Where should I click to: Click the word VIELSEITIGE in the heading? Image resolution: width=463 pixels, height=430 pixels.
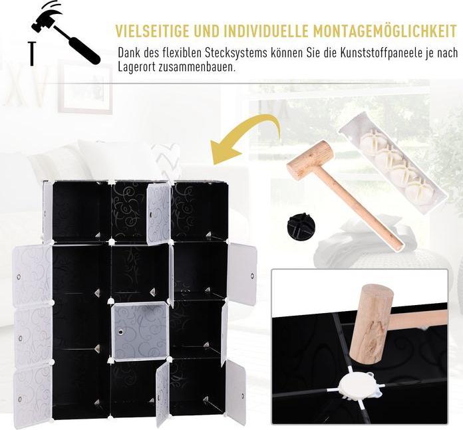pos(154,31)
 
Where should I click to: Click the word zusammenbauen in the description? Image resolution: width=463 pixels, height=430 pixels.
pos(198,67)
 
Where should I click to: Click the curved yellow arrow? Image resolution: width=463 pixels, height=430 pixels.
pos(246,136)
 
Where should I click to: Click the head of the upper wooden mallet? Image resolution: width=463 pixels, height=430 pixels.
pos(309,160)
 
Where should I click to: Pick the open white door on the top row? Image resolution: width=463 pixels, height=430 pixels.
pos(158,213)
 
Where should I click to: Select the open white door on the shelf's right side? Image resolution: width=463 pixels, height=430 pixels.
pos(242,274)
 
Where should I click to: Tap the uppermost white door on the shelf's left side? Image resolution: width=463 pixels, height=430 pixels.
pos(31,275)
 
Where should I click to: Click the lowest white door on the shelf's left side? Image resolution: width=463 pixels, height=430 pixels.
pos(31,395)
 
